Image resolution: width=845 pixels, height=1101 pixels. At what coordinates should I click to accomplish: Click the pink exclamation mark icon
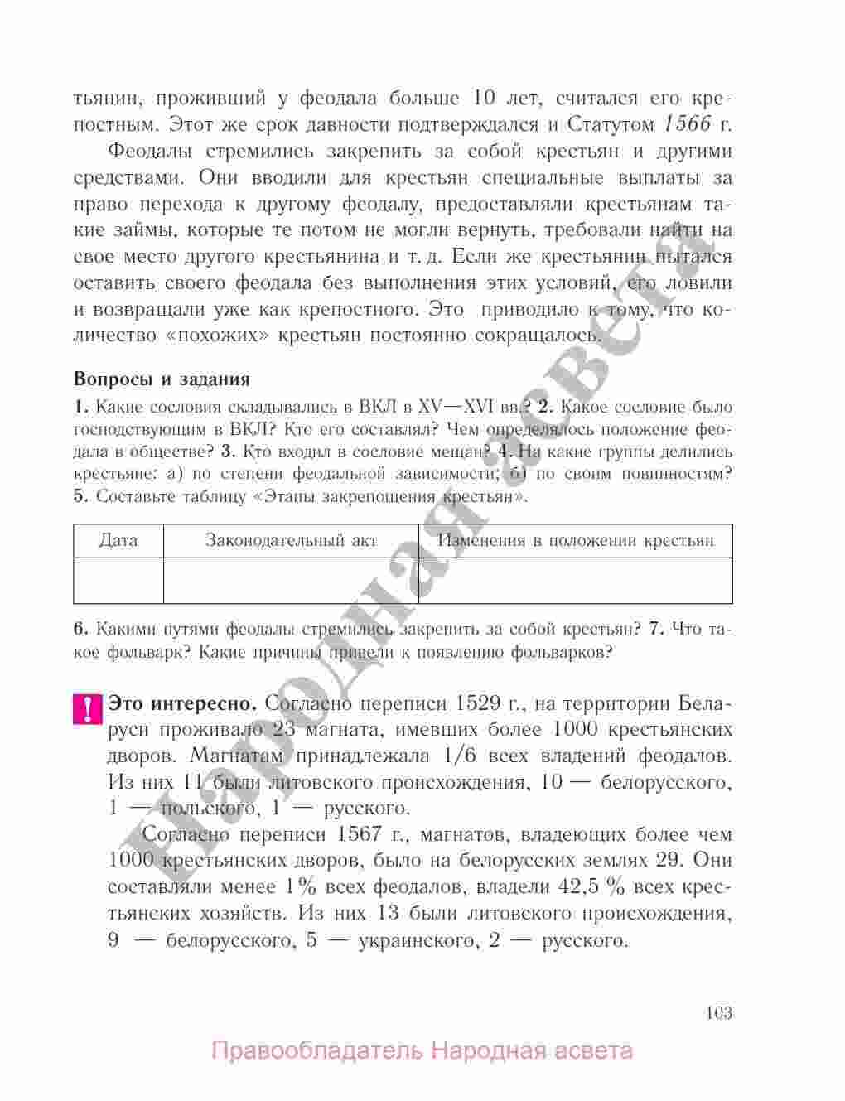point(86,709)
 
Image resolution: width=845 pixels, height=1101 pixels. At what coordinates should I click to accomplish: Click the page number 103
point(719,1012)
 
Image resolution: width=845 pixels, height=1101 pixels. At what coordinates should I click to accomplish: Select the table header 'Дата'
point(118,541)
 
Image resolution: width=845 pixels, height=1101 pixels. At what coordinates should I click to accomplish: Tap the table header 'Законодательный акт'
point(291,541)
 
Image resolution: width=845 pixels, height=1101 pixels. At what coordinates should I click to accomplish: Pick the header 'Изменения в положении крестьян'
point(576,541)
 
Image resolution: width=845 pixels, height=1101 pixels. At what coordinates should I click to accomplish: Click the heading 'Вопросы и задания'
point(162,379)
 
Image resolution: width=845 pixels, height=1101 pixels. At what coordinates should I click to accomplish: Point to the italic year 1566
point(688,124)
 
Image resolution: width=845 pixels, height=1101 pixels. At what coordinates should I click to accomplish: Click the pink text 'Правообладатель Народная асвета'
point(422,1052)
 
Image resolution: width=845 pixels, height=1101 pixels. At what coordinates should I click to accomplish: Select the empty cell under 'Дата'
point(118,580)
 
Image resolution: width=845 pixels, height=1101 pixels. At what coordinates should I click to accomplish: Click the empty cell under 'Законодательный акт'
point(291,580)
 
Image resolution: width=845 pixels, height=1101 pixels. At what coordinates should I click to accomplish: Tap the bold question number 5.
point(79,497)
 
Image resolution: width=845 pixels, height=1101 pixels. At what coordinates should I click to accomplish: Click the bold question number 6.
point(79,629)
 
